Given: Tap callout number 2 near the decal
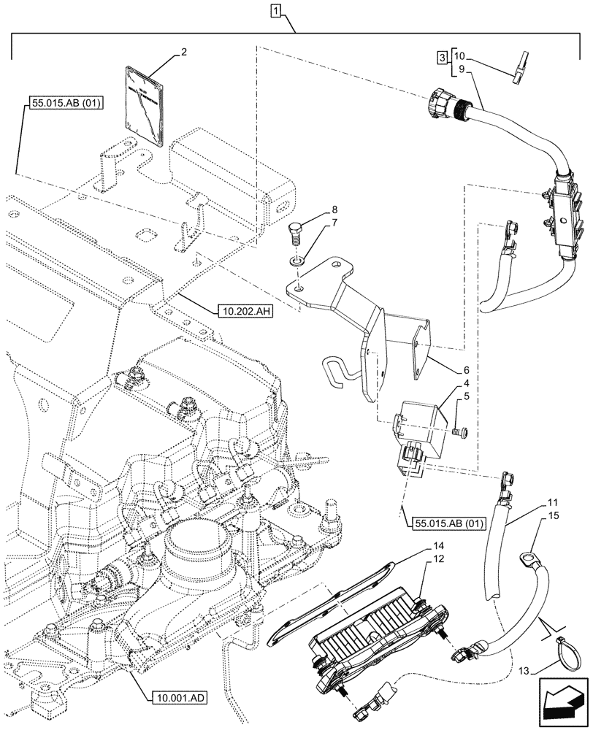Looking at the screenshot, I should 185,53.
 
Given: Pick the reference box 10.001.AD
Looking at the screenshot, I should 180,697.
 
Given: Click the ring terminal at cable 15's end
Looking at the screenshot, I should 527,560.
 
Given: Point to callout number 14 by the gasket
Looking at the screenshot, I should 437,546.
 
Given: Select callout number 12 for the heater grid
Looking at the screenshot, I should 437,559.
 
